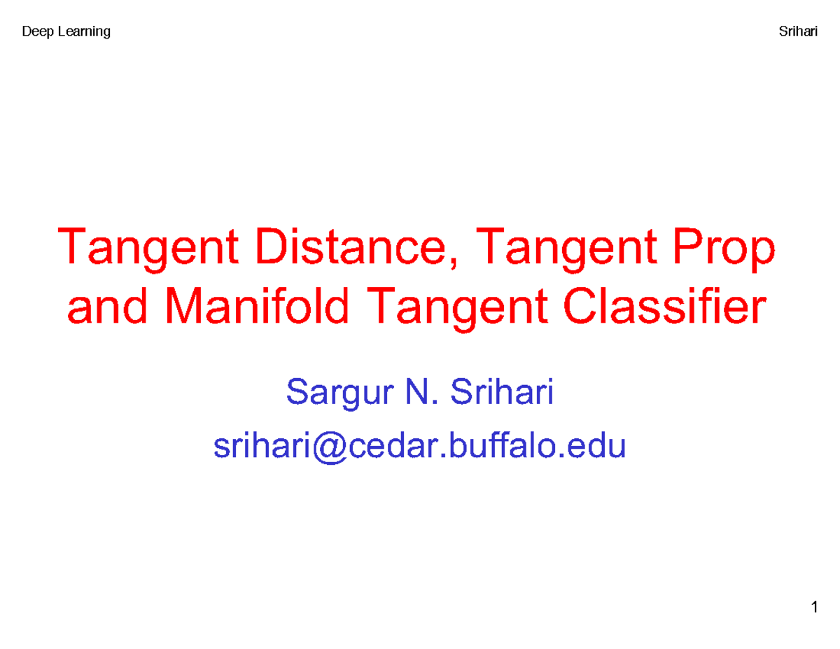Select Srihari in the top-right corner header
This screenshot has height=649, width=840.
click(798, 32)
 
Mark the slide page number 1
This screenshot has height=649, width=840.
click(815, 607)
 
